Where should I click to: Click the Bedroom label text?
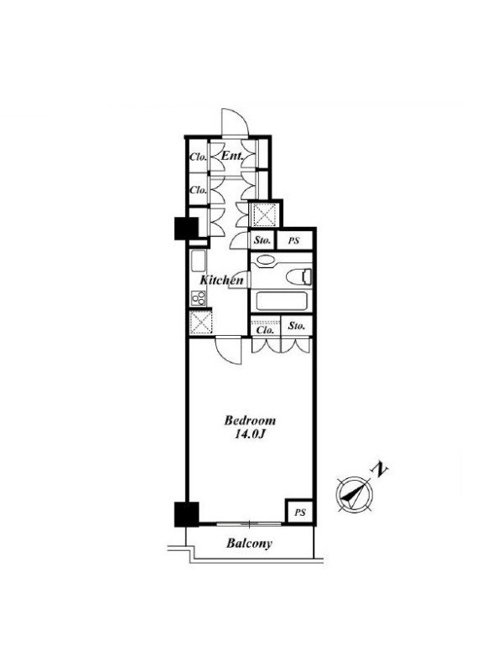click(x=250, y=420)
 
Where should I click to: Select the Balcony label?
click(x=249, y=544)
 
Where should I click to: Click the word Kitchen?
click(x=221, y=281)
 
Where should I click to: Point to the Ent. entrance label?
click(x=232, y=156)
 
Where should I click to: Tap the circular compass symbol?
click(x=355, y=494)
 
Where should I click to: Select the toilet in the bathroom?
click(x=298, y=276)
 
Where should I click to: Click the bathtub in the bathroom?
click(x=281, y=301)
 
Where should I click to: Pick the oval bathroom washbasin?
click(x=266, y=260)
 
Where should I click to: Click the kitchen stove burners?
click(x=199, y=298)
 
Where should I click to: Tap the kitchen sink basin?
click(x=198, y=261)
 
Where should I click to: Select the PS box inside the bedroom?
click(x=300, y=512)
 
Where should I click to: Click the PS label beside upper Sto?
click(x=293, y=240)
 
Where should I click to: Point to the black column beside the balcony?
click(x=186, y=514)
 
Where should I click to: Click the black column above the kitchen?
click(x=186, y=228)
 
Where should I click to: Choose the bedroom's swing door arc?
click(x=229, y=351)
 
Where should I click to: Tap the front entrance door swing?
click(x=235, y=122)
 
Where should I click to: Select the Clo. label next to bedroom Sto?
click(x=265, y=330)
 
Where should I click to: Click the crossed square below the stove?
click(x=201, y=322)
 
